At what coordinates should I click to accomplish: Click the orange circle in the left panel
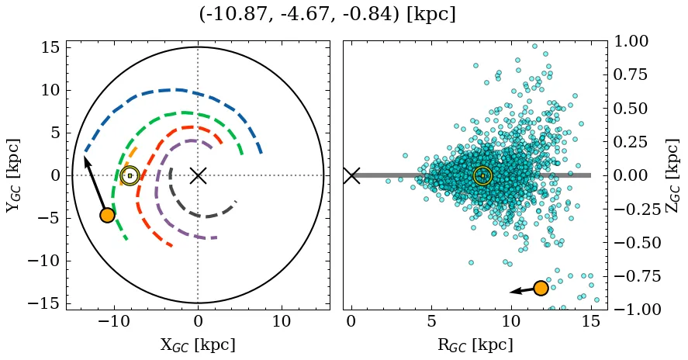pos(107,215)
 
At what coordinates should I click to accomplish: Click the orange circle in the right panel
pos(541,288)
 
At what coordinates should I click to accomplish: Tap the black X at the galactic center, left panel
pos(198,175)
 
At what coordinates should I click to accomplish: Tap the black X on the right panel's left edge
pos(351,175)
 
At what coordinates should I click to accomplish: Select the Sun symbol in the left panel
pos(130,175)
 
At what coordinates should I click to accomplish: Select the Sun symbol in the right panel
pos(482,175)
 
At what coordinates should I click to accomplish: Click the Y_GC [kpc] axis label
pos(14,175)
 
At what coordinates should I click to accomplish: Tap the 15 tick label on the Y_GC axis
pos(50,48)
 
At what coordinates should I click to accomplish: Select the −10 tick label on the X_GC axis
pos(114,322)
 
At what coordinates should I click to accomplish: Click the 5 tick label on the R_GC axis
pos(431,322)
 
